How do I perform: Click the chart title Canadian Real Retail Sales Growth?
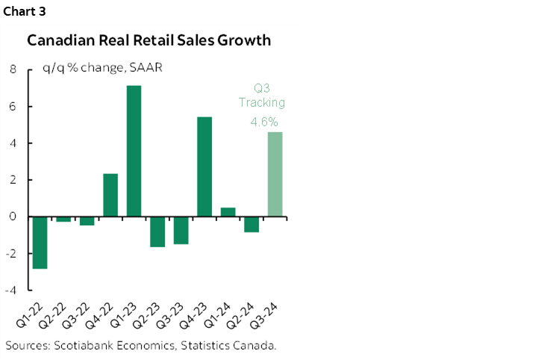pyautogui.click(x=149, y=40)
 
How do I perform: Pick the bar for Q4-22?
pyautogui.click(x=110, y=195)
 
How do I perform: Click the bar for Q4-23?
pyautogui.click(x=204, y=167)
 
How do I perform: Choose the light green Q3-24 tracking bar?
pyautogui.click(x=275, y=175)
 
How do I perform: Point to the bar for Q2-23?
pyautogui.click(x=157, y=232)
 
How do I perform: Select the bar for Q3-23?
pyautogui.click(x=181, y=230)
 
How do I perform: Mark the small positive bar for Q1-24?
pyautogui.click(x=228, y=212)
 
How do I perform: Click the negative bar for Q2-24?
pyautogui.click(x=252, y=224)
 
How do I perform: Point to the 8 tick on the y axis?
pyautogui.click(x=13, y=69)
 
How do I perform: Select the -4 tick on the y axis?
pyautogui.click(x=11, y=291)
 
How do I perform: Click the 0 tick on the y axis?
pyautogui.click(x=13, y=217)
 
